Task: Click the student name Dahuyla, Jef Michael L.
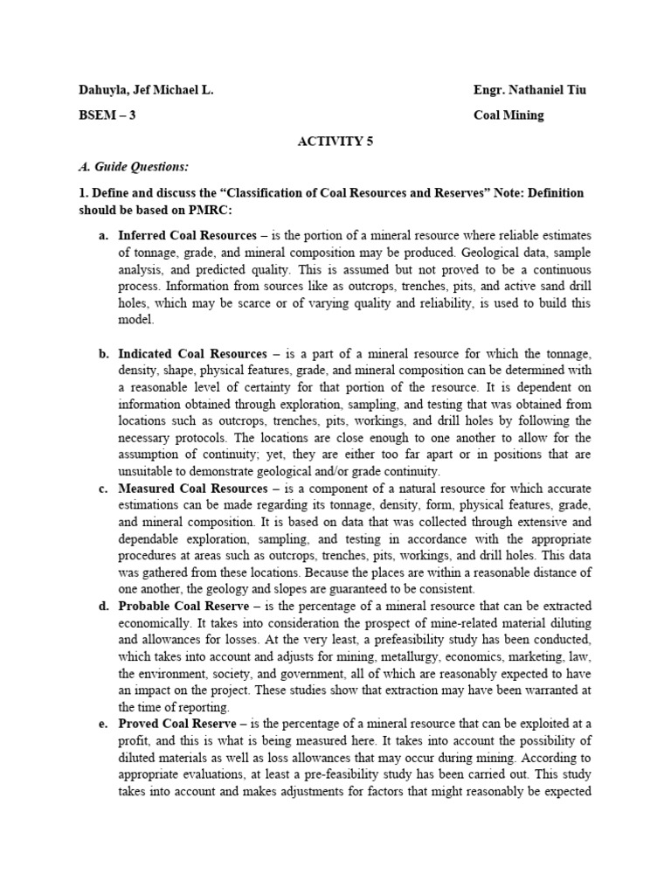(145, 91)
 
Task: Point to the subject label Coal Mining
(508, 114)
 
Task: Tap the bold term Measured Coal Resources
(181, 489)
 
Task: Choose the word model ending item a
(135, 320)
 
